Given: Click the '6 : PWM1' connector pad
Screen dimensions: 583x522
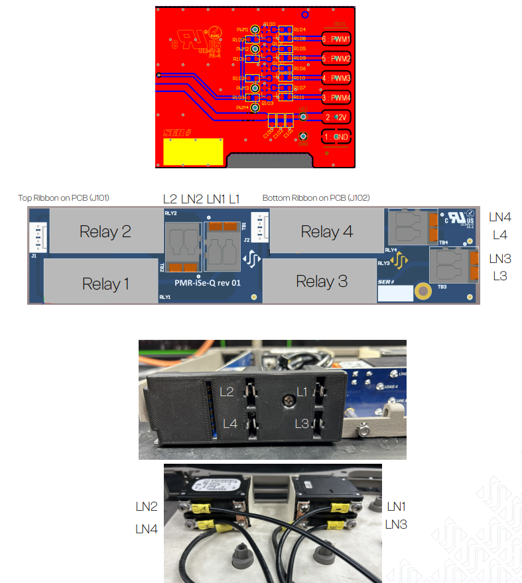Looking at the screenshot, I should click(336, 40).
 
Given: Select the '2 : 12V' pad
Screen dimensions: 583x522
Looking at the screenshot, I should click(336, 117).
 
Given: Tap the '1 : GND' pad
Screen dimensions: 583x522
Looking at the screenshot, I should click(336, 137).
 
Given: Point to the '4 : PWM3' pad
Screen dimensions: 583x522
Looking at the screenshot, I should click(336, 78).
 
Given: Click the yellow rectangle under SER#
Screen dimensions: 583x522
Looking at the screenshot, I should click(193, 152).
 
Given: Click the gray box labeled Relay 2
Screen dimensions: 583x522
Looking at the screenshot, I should click(105, 231).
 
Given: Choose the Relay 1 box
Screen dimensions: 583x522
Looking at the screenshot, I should click(105, 284).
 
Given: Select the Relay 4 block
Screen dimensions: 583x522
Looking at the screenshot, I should click(326, 231).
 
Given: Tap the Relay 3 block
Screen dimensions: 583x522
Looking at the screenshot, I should click(322, 281).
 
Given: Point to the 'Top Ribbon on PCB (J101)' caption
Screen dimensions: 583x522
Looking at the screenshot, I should click(64, 197).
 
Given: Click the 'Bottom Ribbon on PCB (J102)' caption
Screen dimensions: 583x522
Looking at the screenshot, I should click(316, 197).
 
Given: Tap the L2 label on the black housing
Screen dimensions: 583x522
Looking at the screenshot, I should click(227, 392).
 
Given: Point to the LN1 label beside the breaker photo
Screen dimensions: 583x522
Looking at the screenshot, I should click(396, 507).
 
